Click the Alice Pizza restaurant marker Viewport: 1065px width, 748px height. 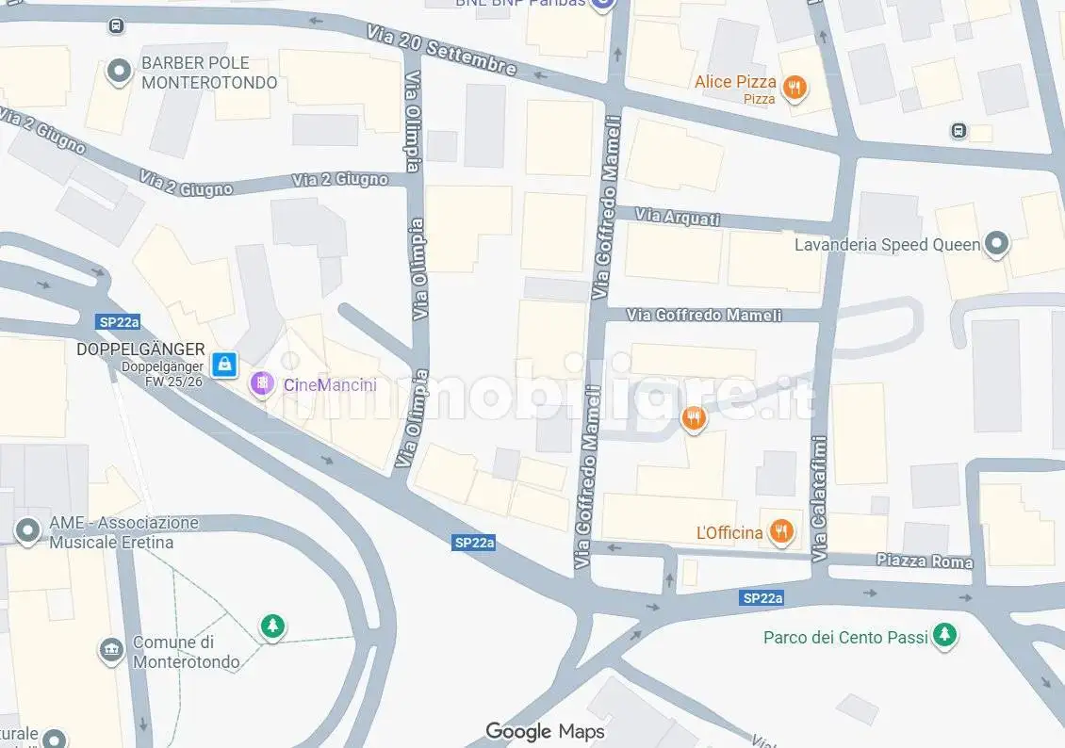pyautogui.click(x=795, y=89)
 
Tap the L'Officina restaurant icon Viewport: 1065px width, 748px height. pyautogui.click(x=780, y=533)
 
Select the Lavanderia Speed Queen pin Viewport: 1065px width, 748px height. pyautogui.click(x=995, y=245)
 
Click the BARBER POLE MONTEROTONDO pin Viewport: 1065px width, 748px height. pyautogui.click(x=119, y=72)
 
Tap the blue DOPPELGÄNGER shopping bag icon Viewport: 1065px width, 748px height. pyautogui.click(x=224, y=364)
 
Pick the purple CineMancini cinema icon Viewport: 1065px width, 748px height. pyautogui.click(x=260, y=384)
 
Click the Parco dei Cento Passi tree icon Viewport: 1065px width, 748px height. pyautogui.click(x=944, y=637)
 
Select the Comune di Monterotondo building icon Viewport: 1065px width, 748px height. pyautogui.click(x=111, y=650)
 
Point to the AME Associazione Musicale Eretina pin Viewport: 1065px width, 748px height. pyautogui.click(x=27, y=531)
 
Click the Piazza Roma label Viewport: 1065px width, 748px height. pyautogui.click(x=924, y=561)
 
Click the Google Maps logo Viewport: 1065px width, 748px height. pyautogui.click(x=545, y=731)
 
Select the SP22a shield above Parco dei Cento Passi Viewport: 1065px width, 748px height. pyautogui.click(x=762, y=598)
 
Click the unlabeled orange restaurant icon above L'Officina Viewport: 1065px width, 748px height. pyautogui.click(x=694, y=417)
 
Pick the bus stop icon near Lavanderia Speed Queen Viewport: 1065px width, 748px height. pyautogui.click(x=959, y=130)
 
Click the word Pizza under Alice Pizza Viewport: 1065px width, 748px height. pyautogui.click(x=759, y=99)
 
